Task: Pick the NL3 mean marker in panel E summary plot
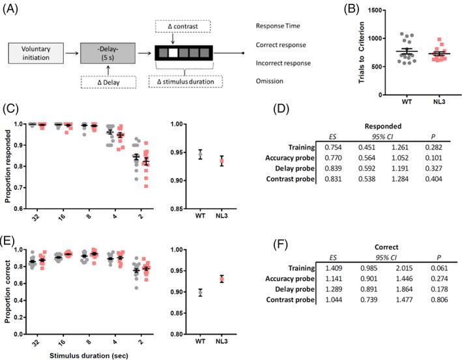(222, 278)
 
